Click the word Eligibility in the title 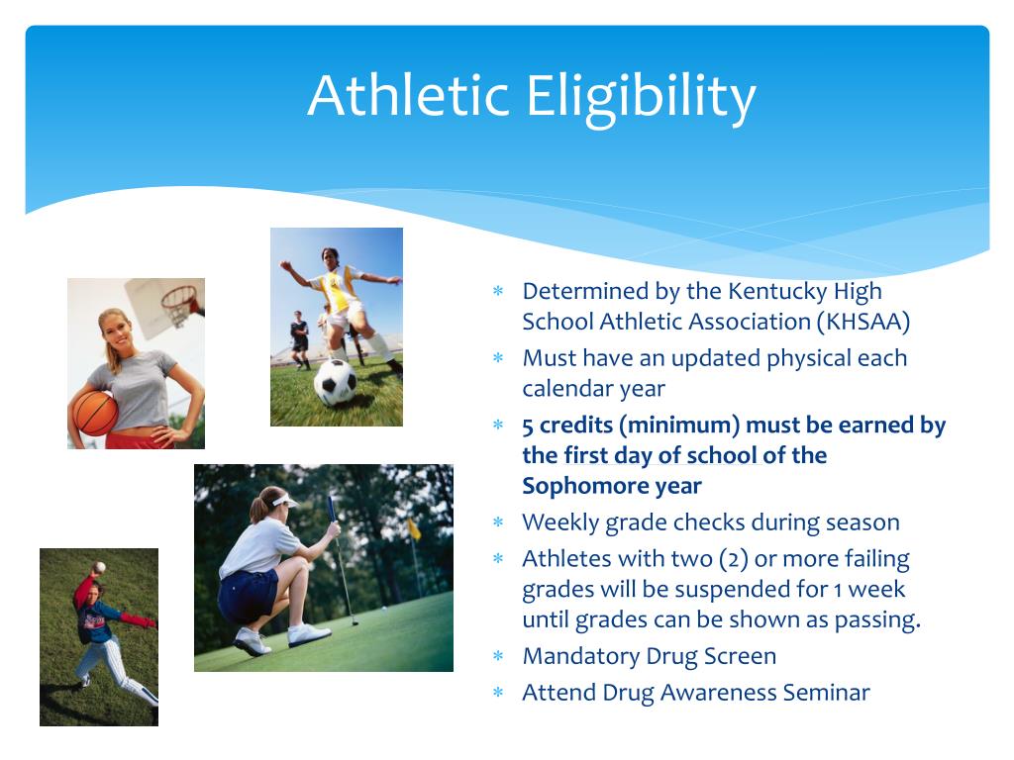641,97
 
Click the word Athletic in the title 407,96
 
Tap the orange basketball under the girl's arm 94,413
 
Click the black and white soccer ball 335,382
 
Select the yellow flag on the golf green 414,528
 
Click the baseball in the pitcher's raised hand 100,567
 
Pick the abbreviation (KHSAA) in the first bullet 863,322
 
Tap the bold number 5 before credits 528,427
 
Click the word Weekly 560,522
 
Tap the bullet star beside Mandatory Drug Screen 498,657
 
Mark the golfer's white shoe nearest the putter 308,634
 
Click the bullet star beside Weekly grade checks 498,522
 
